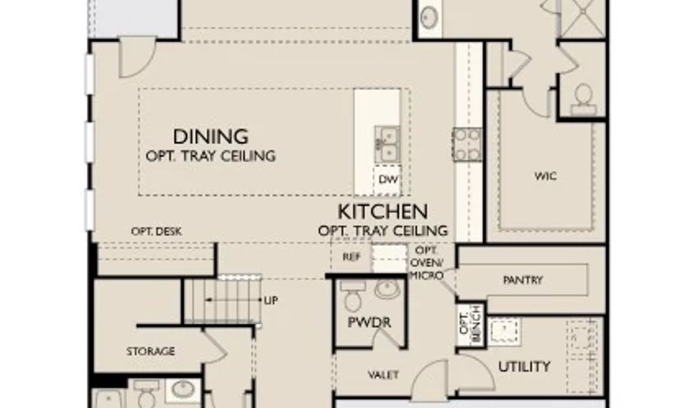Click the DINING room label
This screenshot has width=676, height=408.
pyautogui.click(x=211, y=137)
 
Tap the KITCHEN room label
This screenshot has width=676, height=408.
pyautogui.click(x=383, y=211)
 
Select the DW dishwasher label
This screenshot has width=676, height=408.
pyautogui.click(x=388, y=179)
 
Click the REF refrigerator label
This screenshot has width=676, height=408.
pyautogui.click(x=351, y=257)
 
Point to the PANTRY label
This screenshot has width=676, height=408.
pyautogui.click(x=523, y=280)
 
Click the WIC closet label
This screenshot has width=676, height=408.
pyautogui.click(x=546, y=176)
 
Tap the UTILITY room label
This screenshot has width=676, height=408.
pyautogui.click(x=524, y=367)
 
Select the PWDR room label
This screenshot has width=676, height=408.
pyautogui.click(x=369, y=322)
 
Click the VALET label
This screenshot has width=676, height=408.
pyautogui.click(x=383, y=375)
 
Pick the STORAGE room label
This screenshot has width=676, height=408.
pyautogui.click(x=151, y=351)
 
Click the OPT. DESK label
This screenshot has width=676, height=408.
pyautogui.click(x=157, y=232)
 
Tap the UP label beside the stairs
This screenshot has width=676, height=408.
pyautogui.click(x=271, y=300)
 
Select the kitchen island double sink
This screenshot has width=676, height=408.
pyautogui.click(x=387, y=145)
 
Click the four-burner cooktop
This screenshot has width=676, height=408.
pyautogui.click(x=467, y=144)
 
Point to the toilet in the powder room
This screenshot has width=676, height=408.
pyautogui.click(x=352, y=296)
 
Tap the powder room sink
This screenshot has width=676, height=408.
pyautogui.click(x=387, y=290)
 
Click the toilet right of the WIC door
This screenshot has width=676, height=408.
pyautogui.click(x=583, y=99)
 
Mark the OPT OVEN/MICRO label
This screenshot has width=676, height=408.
pyautogui.click(x=426, y=263)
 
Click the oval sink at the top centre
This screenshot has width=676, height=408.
pyautogui.click(x=429, y=17)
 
